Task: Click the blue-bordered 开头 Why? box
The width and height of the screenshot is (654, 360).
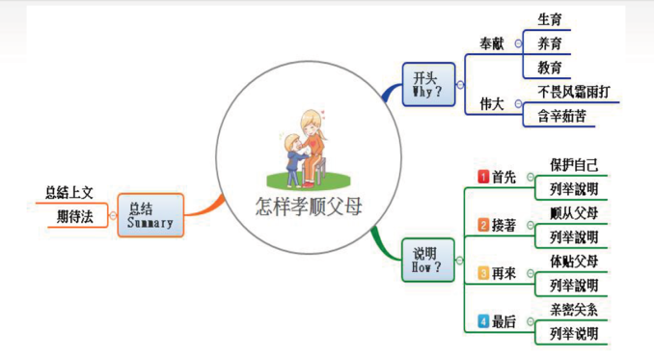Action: [429, 85]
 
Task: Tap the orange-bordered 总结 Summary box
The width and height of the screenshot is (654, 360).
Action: [150, 215]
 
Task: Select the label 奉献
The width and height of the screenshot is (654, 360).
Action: [491, 43]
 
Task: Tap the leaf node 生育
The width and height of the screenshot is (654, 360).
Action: [550, 19]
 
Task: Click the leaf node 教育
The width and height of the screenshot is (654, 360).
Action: [550, 68]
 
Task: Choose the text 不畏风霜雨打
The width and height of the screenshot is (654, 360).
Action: [573, 92]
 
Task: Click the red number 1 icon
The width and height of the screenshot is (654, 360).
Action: [483, 177]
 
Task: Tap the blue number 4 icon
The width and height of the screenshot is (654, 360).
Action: [483, 321]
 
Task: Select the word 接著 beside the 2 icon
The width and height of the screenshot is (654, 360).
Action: [504, 225]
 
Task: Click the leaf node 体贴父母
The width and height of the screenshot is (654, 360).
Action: [573, 262]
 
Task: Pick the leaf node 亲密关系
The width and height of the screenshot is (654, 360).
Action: [573, 310]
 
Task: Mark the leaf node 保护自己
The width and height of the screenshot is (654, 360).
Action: [573, 164]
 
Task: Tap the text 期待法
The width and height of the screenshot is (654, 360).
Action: [75, 217]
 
